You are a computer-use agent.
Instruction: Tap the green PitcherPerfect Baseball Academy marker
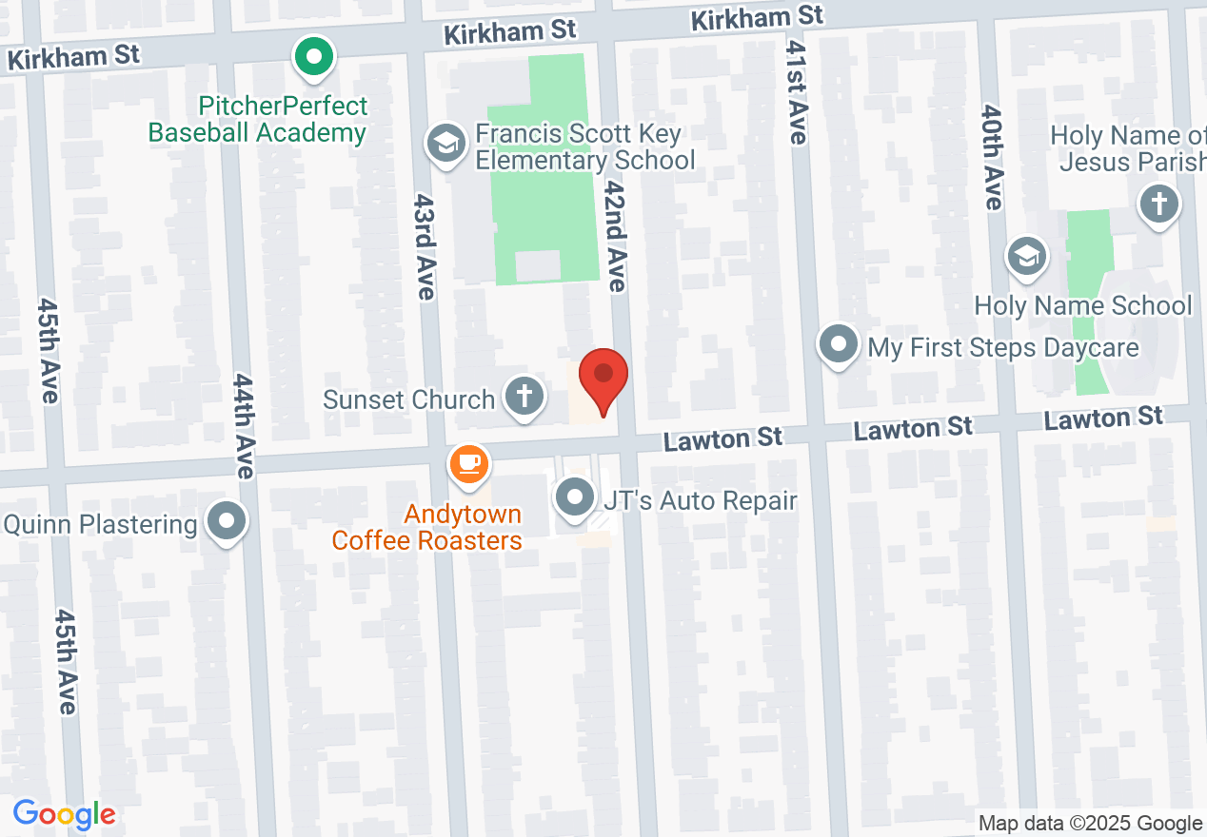[x=313, y=57]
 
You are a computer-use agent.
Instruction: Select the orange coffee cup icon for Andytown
[x=467, y=464]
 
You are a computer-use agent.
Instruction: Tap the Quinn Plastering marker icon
[x=227, y=521]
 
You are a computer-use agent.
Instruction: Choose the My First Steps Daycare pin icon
[x=839, y=344]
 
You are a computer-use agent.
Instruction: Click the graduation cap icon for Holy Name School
[x=1027, y=257]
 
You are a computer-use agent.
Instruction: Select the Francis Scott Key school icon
[x=445, y=145]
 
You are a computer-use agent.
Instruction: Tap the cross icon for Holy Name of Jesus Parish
[x=1158, y=204]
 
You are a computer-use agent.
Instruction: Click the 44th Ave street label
[x=244, y=425]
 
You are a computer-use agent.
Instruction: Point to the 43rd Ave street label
[x=424, y=247]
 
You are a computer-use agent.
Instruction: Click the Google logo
[x=64, y=815]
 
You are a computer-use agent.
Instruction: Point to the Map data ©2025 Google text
[x=1090, y=824]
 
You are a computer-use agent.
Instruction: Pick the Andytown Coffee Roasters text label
[x=426, y=528]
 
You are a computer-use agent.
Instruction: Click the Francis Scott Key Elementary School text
[x=584, y=146]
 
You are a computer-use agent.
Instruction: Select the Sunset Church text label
[x=408, y=399]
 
